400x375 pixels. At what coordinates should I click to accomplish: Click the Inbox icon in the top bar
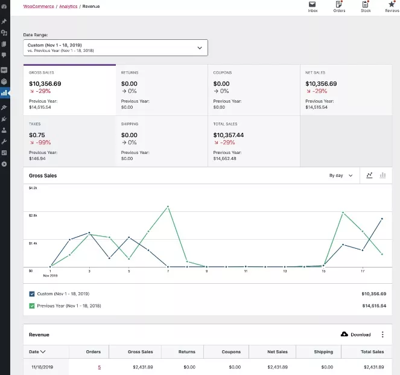(313, 4)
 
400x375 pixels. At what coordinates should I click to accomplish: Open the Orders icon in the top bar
(339, 4)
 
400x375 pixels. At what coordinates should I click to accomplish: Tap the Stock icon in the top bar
(366, 4)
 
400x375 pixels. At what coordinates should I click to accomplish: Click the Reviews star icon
(392, 4)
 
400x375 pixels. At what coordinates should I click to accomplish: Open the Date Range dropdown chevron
(200, 48)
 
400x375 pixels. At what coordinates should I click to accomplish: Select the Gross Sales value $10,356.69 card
(45, 84)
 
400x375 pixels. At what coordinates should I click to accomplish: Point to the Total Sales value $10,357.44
(229, 135)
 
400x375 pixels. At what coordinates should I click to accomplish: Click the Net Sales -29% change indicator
(318, 91)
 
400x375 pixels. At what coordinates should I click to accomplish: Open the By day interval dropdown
(341, 176)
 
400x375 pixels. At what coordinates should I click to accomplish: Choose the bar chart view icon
(383, 175)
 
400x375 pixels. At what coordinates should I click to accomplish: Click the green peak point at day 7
(168, 207)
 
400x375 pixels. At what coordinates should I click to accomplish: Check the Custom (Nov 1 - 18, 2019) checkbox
(32, 293)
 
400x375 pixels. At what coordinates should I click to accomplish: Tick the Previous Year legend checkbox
(32, 306)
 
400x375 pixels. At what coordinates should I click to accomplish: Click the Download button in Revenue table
(356, 335)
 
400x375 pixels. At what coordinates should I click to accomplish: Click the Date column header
(37, 351)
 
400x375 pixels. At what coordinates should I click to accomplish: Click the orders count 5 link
(100, 367)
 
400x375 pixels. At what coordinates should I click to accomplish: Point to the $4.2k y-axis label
(33, 188)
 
